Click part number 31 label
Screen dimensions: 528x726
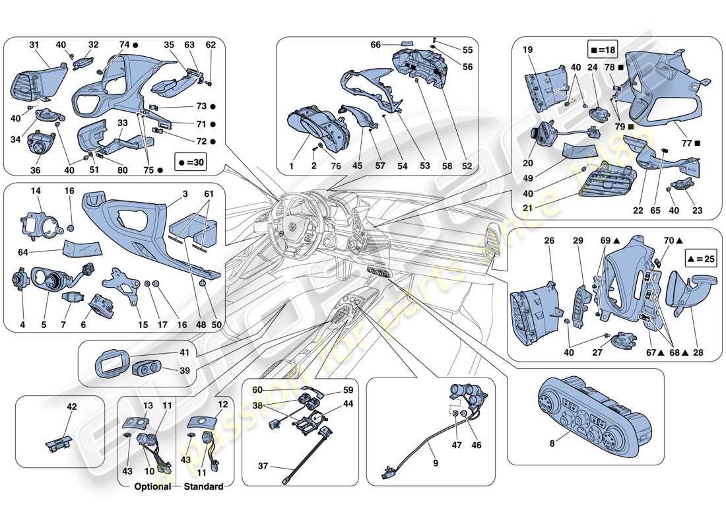pyautogui.click(x=34, y=45)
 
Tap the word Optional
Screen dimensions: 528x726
pyautogui.click(x=152, y=486)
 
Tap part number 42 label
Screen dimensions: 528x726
pyautogui.click(x=71, y=407)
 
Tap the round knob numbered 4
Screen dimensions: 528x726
pyautogui.click(x=20, y=280)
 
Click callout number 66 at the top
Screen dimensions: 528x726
pyautogui.click(x=376, y=45)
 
